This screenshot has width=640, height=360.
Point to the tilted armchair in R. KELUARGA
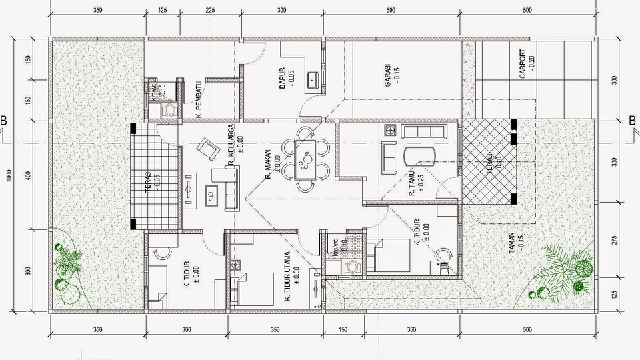click(208, 148)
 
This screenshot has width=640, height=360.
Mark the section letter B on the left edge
click(4, 121)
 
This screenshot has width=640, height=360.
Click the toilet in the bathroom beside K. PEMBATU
click(169, 109)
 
